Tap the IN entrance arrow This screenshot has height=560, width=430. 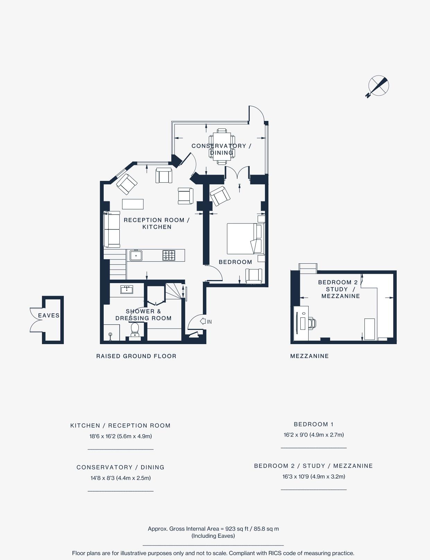tap(203, 321)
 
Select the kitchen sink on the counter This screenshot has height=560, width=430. tap(136, 255)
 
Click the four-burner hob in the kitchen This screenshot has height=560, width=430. tap(169, 255)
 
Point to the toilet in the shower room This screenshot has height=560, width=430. tap(135, 331)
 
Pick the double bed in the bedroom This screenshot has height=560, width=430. tap(245, 239)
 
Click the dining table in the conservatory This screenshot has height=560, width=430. tap(222, 146)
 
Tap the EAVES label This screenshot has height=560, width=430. tap(49, 315)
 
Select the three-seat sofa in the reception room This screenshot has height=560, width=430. tap(112, 229)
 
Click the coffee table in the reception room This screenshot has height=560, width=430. tap(133, 204)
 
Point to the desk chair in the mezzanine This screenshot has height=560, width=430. tap(312, 324)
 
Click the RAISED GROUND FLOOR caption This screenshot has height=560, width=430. tap(136, 356)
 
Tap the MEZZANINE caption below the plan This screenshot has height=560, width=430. tap(309, 356)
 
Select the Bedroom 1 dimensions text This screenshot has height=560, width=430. tap(314, 435)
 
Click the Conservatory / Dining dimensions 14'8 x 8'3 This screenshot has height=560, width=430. tap(120, 478)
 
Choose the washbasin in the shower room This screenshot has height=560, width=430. tap(127, 289)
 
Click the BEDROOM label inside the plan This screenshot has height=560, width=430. tap(235, 262)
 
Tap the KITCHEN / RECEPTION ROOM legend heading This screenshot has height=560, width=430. tap(120, 426)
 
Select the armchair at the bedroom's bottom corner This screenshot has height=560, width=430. tap(254, 276)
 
